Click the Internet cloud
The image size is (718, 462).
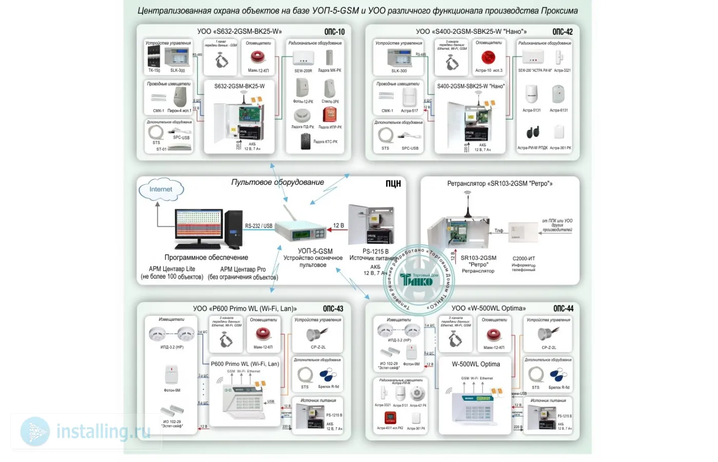(161, 189)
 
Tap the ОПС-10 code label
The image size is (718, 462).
(334, 32)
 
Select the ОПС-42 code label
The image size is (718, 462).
(563, 32)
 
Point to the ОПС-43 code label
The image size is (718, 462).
(333, 309)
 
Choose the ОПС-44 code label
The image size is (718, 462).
(563, 309)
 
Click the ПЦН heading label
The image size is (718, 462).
(393, 184)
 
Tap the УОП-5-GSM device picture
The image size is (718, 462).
(302, 232)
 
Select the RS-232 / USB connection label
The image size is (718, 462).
(258, 226)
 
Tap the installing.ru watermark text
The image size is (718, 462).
(103, 432)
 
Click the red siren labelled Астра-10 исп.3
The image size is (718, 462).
(488, 57)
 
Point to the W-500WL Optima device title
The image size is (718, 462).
(475, 364)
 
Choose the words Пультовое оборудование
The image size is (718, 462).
(277, 182)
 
